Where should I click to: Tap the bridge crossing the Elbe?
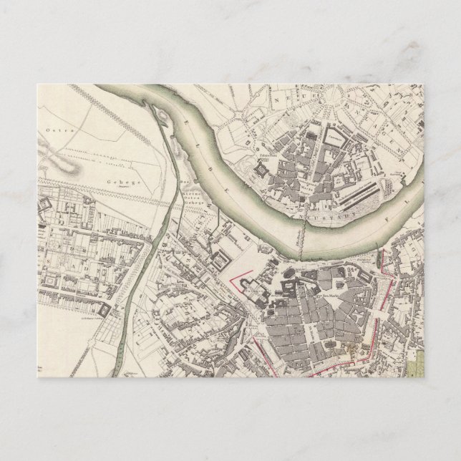pos(307,241)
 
